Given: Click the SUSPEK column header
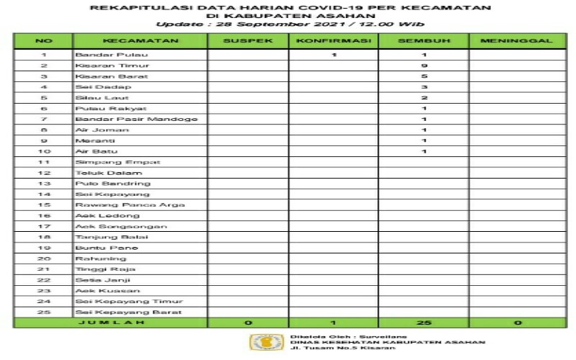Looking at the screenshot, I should (x=248, y=41).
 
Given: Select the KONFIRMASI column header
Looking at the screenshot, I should (x=335, y=41).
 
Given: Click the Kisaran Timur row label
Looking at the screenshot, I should (x=97, y=65).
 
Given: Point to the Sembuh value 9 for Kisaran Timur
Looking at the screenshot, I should (x=425, y=65).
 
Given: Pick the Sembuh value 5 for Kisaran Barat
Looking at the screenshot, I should (x=425, y=76).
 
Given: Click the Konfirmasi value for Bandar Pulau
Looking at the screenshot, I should (x=335, y=54).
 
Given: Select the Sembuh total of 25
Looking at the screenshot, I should (x=425, y=323).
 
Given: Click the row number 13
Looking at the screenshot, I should (x=44, y=183).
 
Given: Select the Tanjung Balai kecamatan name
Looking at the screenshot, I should (x=102, y=237).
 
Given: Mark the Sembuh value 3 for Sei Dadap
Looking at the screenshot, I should (x=425, y=86).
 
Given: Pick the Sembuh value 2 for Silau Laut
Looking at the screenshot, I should (x=425, y=97).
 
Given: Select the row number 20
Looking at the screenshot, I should (x=44, y=258).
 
